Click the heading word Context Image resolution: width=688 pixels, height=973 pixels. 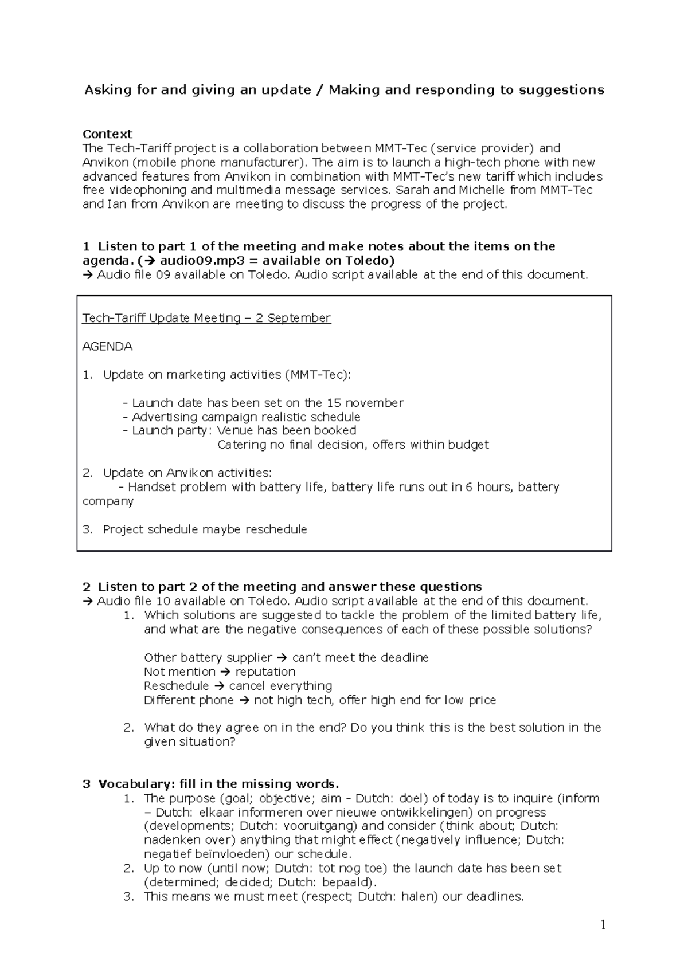click(x=107, y=134)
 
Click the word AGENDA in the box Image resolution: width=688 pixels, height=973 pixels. click(x=107, y=346)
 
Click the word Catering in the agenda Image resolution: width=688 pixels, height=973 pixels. click(x=242, y=445)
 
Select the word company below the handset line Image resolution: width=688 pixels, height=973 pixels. click(x=108, y=501)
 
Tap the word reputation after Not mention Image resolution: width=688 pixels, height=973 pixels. click(x=265, y=672)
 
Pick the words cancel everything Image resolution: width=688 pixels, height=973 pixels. click(x=280, y=686)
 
